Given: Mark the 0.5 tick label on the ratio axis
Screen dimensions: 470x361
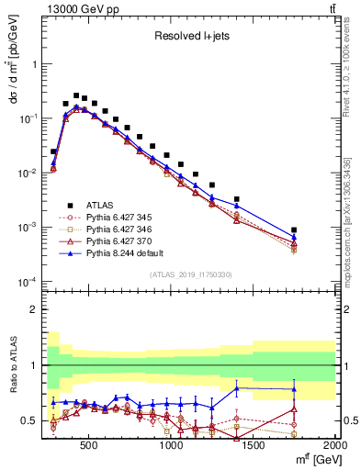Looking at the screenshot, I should point(28,421).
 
